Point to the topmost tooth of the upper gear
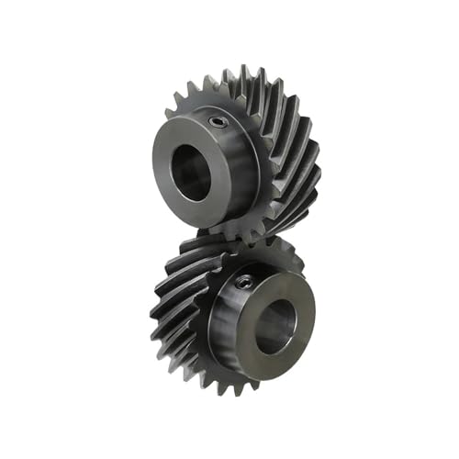[245, 71]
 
